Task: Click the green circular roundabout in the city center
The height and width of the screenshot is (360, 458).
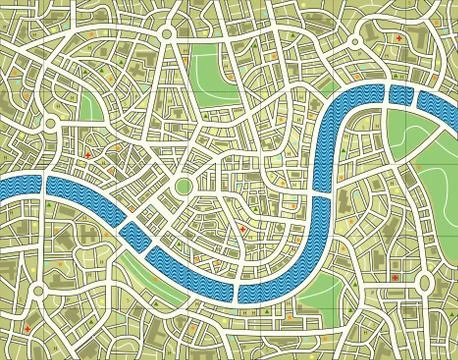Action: [184, 187]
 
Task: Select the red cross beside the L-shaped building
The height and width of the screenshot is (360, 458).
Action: [400, 39]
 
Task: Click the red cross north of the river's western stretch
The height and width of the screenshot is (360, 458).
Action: [88, 155]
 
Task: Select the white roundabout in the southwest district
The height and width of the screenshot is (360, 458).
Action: [38, 290]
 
